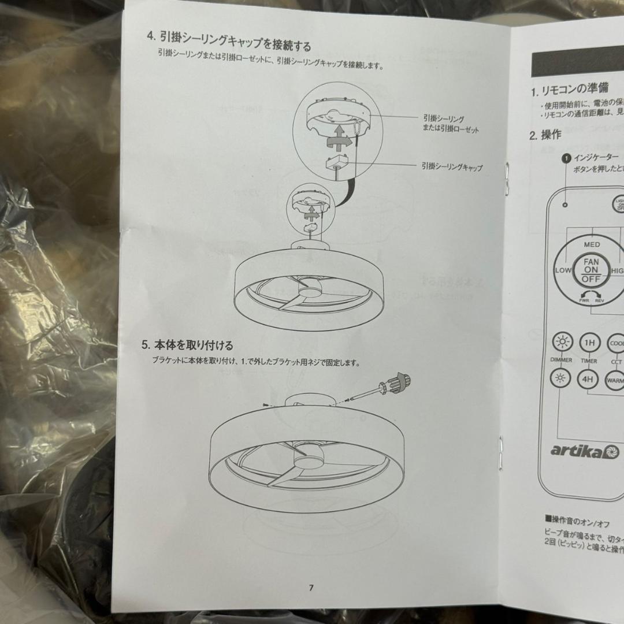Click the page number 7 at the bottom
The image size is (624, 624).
311,588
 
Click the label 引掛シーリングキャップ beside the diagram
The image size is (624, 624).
452,168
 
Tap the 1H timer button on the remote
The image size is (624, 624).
589,343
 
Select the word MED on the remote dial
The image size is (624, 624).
592,244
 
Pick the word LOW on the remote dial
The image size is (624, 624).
563,270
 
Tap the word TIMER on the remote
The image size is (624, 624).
589,361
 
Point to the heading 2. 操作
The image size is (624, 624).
545,135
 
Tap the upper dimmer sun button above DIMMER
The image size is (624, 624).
562,343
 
